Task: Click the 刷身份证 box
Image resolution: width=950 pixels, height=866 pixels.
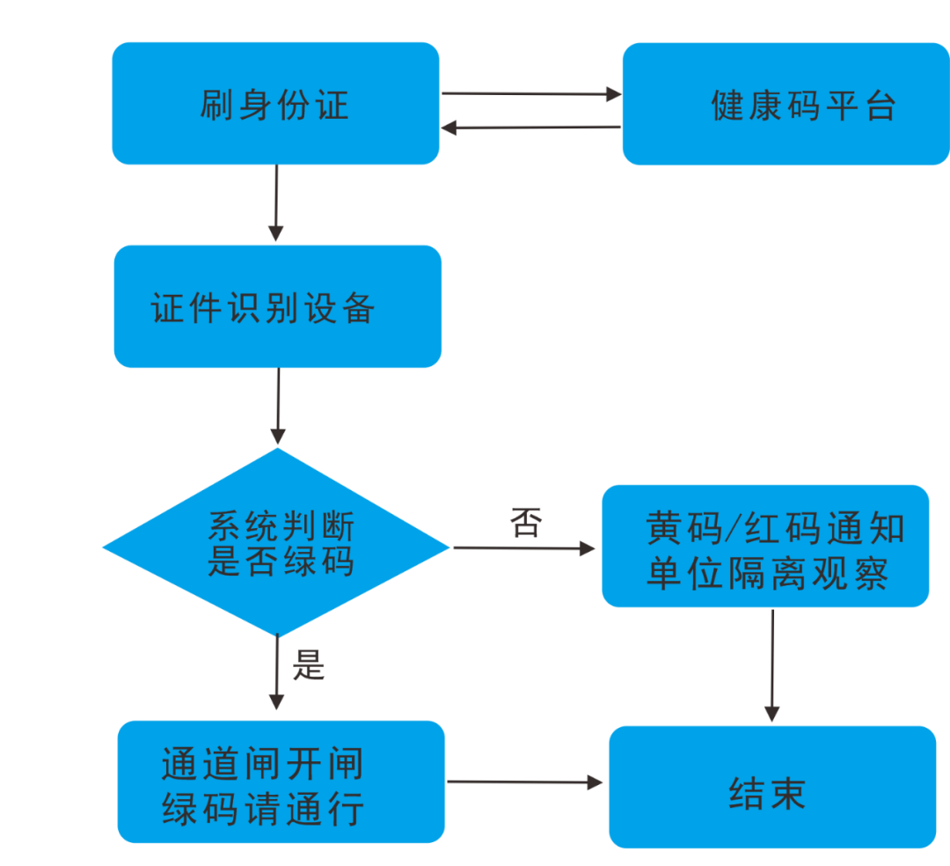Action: tap(274, 104)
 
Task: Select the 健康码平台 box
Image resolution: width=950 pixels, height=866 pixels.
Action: tap(786, 104)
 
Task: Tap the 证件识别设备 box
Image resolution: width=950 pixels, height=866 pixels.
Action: tap(277, 306)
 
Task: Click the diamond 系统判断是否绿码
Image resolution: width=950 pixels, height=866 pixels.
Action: tap(277, 542)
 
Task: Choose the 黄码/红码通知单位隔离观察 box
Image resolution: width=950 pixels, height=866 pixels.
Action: tap(765, 546)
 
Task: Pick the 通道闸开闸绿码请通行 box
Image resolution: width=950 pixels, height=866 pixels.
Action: tap(281, 782)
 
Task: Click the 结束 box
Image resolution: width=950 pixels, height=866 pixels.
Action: tap(771, 787)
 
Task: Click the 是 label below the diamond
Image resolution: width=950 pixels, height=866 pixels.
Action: tap(308, 666)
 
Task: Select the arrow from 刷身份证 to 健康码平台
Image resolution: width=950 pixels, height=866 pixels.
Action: tap(530, 93)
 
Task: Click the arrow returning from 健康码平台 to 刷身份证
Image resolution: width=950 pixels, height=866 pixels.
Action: tap(530, 128)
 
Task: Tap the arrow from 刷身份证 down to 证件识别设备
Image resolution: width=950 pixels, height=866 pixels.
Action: tap(276, 203)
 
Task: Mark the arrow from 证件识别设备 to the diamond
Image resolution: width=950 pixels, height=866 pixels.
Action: tap(278, 407)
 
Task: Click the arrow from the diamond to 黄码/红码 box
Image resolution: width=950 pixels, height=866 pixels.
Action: tap(524, 548)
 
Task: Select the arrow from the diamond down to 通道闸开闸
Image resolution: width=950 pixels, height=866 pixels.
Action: tap(276, 672)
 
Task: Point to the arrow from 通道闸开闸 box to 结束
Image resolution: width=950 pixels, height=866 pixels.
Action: tap(525, 782)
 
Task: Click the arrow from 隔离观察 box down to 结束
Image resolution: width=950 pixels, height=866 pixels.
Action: tap(772, 665)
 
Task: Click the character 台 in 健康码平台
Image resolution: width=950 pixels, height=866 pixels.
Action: tap(879, 106)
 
